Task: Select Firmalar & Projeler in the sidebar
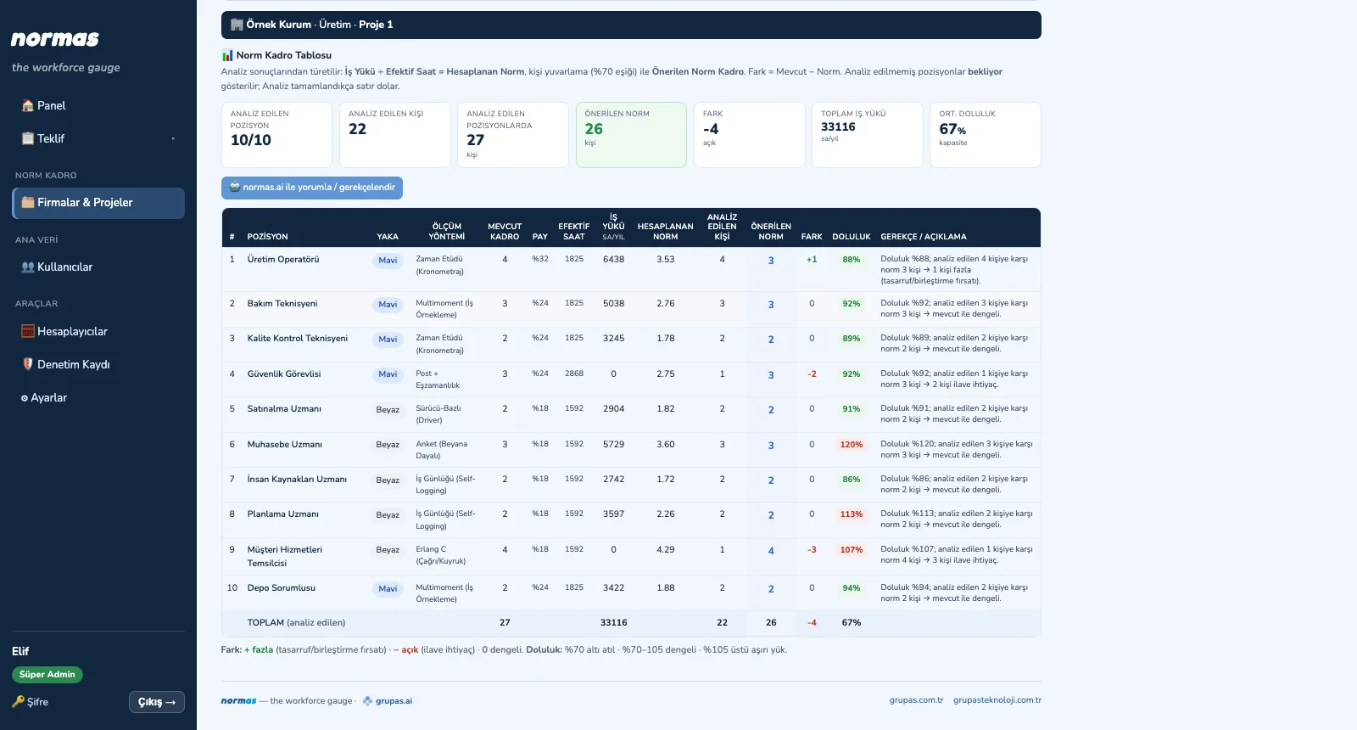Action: tap(98, 203)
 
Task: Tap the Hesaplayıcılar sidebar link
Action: tap(64, 331)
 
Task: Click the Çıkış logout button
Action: tap(157, 701)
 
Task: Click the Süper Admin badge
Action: tap(47, 674)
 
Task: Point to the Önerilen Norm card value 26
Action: tap(594, 128)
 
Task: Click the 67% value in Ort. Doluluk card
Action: tap(952, 128)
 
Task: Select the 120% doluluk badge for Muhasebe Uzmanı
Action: tap(852, 445)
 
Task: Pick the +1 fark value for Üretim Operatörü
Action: tap(812, 260)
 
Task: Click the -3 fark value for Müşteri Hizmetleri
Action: tap(812, 550)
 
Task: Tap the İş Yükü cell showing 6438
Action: tap(613, 259)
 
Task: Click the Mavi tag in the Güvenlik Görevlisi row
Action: tap(388, 374)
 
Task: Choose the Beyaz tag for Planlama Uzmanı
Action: tap(388, 514)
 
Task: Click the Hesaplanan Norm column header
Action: tap(665, 231)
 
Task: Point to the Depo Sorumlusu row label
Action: tap(281, 587)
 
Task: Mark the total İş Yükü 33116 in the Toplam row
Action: tap(613, 622)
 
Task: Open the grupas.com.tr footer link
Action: tap(916, 699)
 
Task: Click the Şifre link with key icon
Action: tap(31, 701)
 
